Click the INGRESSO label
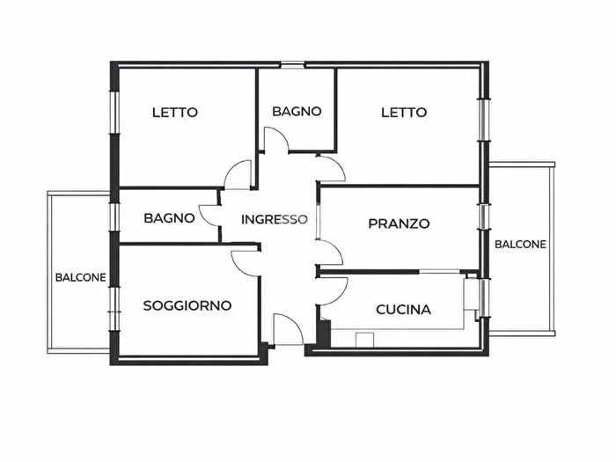click(x=275, y=219)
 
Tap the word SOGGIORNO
click(x=187, y=306)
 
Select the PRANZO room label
click(x=399, y=224)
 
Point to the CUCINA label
click(x=403, y=310)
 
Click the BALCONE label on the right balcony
click(x=520, y=245)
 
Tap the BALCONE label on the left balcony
click(x=81, y=277)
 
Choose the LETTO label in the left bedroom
click(x=175, y=113)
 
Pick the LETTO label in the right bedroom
click(x=404, y=113)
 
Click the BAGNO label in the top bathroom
click(x=297, y=112)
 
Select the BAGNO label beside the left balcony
click(x=169, y=217)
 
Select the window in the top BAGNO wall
click(x=293, y=63)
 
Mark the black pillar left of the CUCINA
click(x=324, y=334)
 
